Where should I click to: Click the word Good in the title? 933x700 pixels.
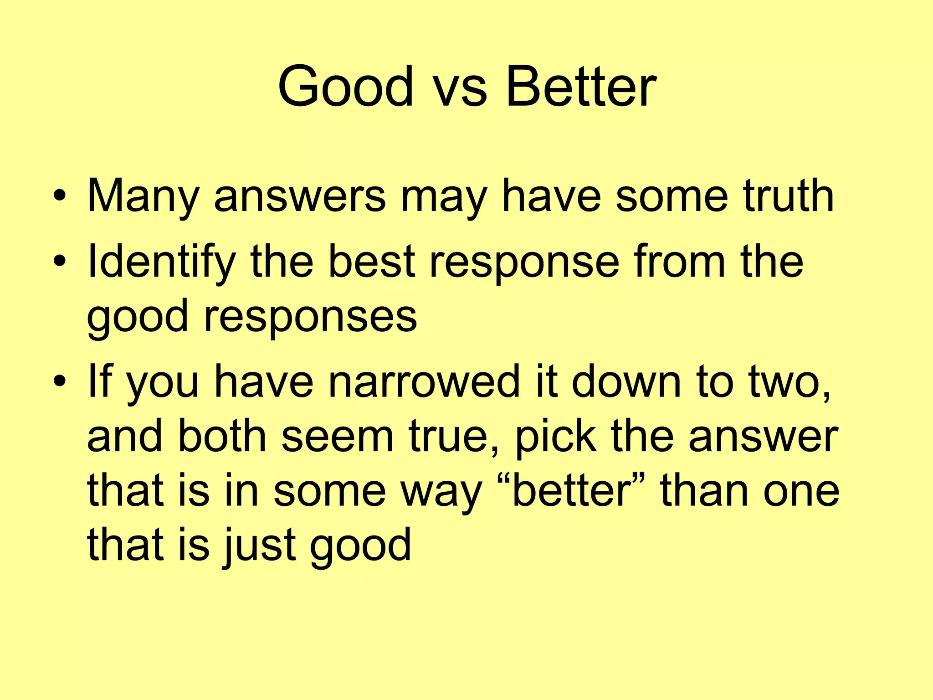pyautogui.click(x=345, y=87)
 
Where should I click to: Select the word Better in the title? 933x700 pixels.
pyautogui.click(x=580, y=87)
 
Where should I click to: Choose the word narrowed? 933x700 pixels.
pyautogui.click(x=424, y=382)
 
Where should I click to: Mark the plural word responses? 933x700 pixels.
pyautogui.click(x=310, y=317)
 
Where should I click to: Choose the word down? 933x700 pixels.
pyautogui.click(x=626, y=382)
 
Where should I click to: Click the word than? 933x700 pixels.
pyautogui.click(x=704, y=490)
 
